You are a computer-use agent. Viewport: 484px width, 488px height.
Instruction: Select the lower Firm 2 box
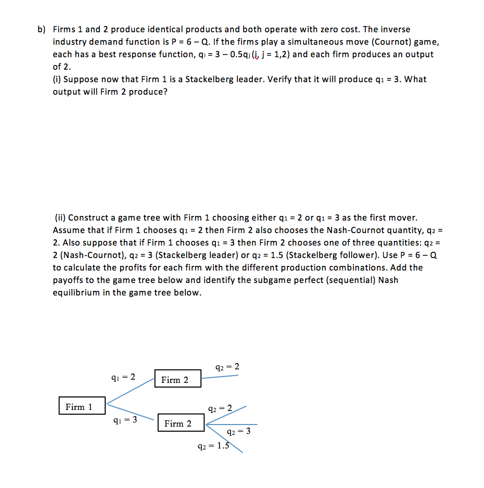[x=178, y=423]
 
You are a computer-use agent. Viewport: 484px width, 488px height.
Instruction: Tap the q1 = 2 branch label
[x=124, y=377]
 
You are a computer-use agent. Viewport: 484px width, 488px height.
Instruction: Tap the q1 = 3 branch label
[x=125, y=420]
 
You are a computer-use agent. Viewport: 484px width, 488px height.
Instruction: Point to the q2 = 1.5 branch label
[x=213, y=445]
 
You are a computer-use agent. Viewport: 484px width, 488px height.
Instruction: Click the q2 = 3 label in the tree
[x=239, y=431]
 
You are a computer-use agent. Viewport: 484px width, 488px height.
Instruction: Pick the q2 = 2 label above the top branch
[x=227, y=366]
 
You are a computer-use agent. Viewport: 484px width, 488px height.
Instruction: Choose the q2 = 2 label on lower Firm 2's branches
[x=220, y=408]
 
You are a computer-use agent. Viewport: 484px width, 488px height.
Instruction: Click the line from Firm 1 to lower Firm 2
[x=130, y=412]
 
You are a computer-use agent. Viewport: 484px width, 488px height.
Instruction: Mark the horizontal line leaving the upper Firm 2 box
[x=220, y=376]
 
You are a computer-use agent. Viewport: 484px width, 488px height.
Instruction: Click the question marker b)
[x=42, y=29]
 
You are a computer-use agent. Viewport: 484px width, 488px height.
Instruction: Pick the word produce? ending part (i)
[x=148, y=92]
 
